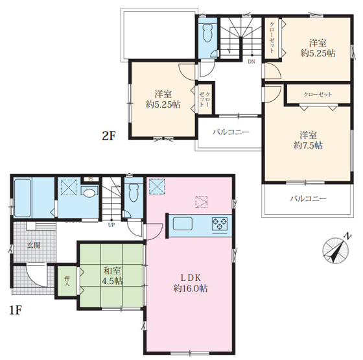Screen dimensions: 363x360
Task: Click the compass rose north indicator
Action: pyautogui.click(x=336, y=250)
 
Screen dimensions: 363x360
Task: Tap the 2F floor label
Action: pyautogui.click(x=109, y=136)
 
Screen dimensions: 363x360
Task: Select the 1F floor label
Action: pyautogui.click(x=16, y=311)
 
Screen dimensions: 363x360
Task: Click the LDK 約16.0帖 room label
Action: pyautogui.click(x=191, y=283)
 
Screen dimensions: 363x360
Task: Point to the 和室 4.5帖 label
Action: pyautogui.click(x=112, y=276)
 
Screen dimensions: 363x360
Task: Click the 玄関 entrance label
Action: pyautogui.click(x=34, y=245)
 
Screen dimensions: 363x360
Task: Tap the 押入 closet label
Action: pyautogui.click(x=67, y=281)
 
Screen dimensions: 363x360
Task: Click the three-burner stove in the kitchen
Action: pyautogui.click(x=220, y=224)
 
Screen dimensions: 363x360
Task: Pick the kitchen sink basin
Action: pyautogui.click(x=183, y=223)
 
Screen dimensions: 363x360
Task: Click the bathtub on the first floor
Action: pyautogui.click(x=23, y=198)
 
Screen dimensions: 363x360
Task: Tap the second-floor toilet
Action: pyautogui.click(x=207, y=33)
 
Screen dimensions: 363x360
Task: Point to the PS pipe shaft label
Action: pyautogui.click(x=91, y=179)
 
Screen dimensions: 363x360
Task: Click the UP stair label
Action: pyautogui.click(x=111, y=224)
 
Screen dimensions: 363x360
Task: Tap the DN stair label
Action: pyautogui.click(x=252, y=62)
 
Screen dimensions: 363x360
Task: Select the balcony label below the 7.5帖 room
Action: pyautogui.click(x=308, y=198)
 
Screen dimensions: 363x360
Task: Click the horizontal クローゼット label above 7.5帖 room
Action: pyautogui.click(x=318, y=94)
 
